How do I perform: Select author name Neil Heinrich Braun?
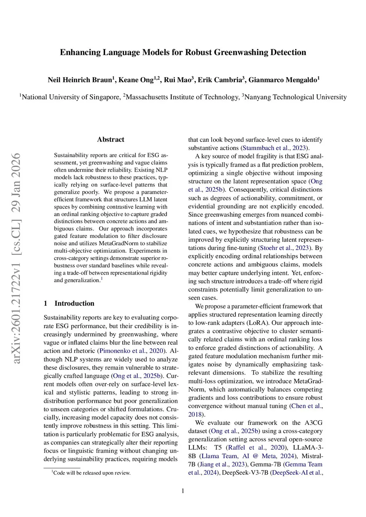[x=80, y=80]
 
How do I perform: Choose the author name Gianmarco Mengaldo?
[x=282, y=80]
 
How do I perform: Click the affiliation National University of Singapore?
[x=71, y=97]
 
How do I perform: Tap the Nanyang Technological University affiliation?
[x=295, y=97]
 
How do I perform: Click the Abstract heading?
[x=110, y=140]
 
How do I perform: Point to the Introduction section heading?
[x=74, y=303]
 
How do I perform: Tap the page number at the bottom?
[x=183, y=491]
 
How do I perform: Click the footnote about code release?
[x=92, y=473]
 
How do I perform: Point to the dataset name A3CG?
[x=313, y=423]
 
